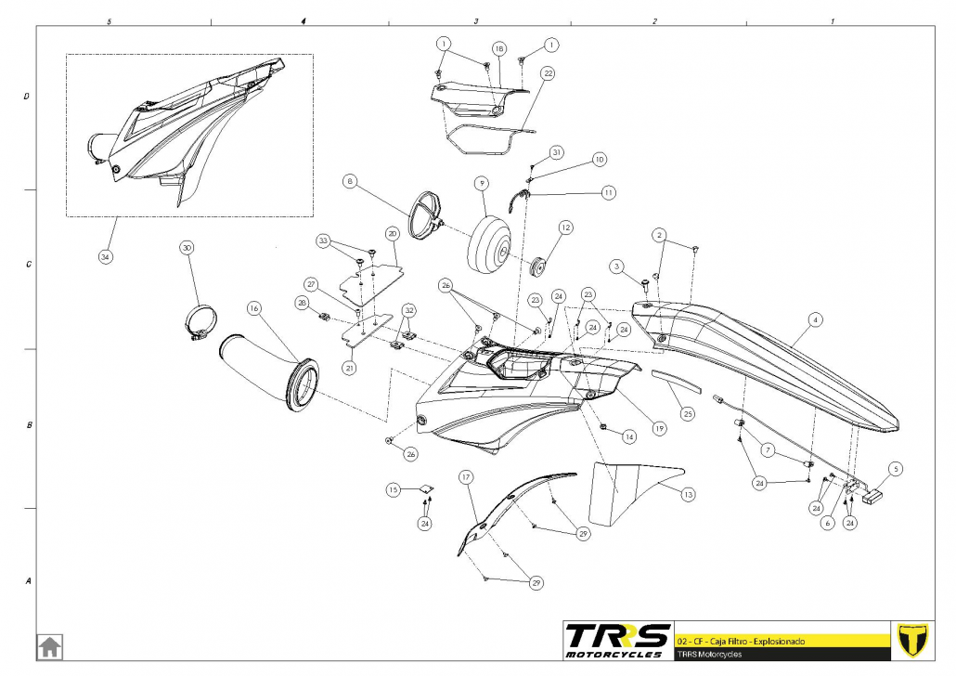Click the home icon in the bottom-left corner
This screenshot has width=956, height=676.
click(x=50, y=646)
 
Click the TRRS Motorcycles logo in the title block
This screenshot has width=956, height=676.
click(x=617, y=641)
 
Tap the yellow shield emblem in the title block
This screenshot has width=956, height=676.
click(x=912, y=640)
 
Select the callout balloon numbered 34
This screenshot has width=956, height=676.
click(x=106, y=257)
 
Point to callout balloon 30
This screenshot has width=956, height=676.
click(x=187, y=248)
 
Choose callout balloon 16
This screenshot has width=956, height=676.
click(x=254, y=308)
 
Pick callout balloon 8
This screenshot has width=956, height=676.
click(x=349, y=181)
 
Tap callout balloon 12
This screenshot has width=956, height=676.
click(x=566, y=227)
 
